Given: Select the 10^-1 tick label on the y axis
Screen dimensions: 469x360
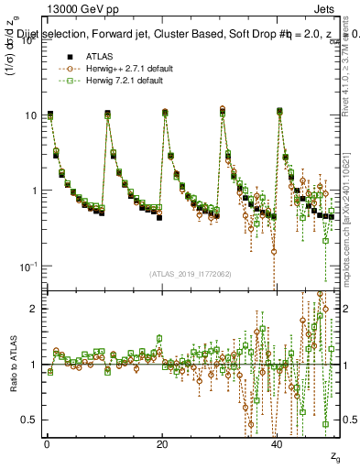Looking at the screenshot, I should pos(30,266).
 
